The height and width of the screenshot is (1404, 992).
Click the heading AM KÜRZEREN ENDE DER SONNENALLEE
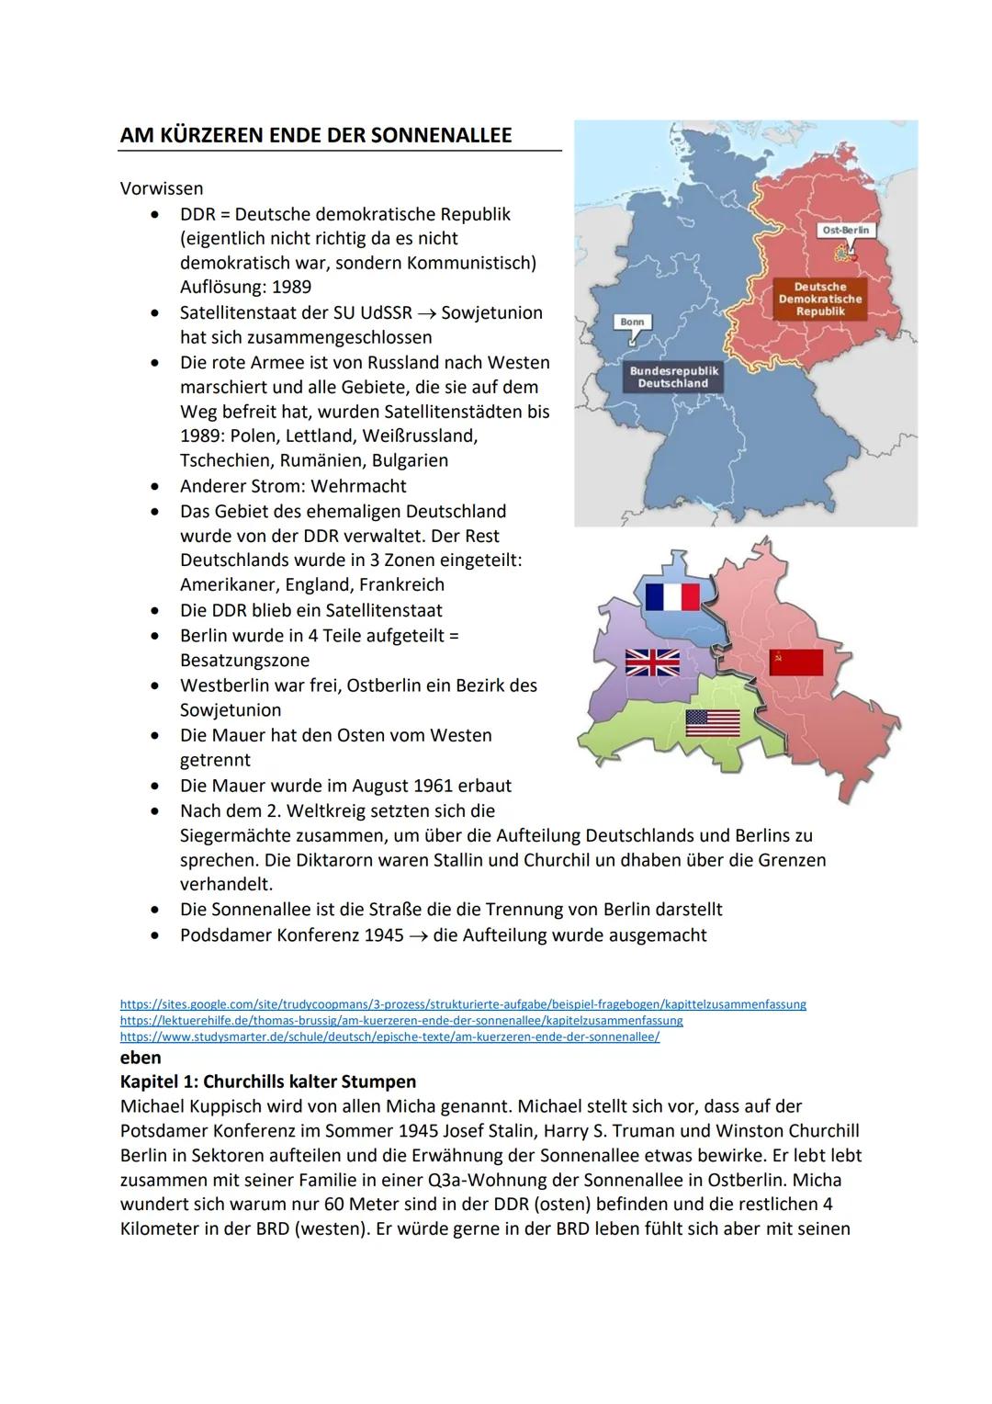[x=316, y=135]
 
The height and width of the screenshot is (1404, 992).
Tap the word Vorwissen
[x=162, y=188]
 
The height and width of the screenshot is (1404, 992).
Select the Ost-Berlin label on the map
[x=845, y=230]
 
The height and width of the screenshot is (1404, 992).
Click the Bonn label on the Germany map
[x=632, y=322]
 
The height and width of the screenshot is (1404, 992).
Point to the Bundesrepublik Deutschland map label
[x=673, y=377]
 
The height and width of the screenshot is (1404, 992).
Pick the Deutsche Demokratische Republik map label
[x=820, y=299]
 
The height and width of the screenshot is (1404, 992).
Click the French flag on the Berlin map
[x=672, y=597]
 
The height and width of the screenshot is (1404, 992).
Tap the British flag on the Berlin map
[x=652, y=662]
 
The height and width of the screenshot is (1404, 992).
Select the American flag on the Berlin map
[x=712, y=723]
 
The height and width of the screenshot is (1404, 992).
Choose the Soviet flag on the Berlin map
[x=795, y=662]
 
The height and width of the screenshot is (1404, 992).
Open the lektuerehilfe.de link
[x=401, y=1021]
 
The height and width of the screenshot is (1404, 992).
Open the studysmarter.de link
[x=389, y=1036]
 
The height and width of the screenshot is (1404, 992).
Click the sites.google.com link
[x=463, y=1004]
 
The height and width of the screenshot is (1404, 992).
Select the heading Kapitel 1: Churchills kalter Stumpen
[x=268, y=1081]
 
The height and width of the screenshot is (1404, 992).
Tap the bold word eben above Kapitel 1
[x=141, y=1058]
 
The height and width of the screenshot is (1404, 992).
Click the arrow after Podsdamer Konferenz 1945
[x=418, y=935]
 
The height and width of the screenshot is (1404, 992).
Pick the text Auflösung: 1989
[x=245, y=287]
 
